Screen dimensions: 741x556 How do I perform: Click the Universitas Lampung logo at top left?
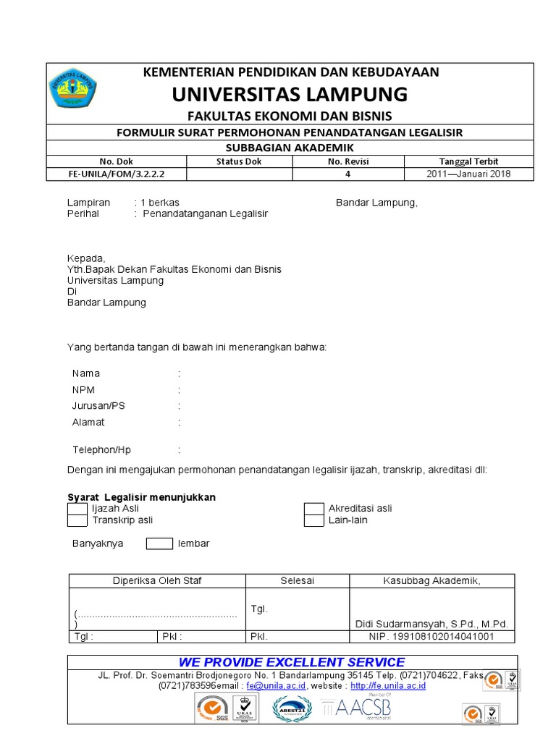click(x=74, y=88)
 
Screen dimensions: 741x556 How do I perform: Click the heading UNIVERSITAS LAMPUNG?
click(x=290, y=94)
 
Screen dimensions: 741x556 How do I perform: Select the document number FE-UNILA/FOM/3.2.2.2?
click(x=117, y=174)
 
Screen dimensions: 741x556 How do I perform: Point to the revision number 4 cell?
click(x=348, y=174)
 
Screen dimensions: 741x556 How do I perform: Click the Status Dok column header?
click(x=239, y=161)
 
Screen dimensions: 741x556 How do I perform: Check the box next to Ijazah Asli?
click(x=77, y=509)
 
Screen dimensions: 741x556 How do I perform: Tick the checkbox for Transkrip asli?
click(x=77, y=520)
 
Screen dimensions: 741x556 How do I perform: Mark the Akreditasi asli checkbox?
click(x=313, y=509)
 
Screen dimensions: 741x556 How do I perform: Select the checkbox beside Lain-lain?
click(x=313, y=520)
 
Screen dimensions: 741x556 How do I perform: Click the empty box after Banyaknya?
click(x=159, y=543)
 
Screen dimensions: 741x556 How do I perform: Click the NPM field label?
click(x=83, y=390)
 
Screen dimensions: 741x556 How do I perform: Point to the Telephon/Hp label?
click(x=102, y=449)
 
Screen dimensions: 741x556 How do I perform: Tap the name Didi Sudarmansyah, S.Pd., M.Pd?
click(x=431, y=624)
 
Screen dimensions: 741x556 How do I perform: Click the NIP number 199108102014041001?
click(x=432, y=637)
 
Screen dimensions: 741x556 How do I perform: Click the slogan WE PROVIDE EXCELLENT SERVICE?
click(x=292, y=662)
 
